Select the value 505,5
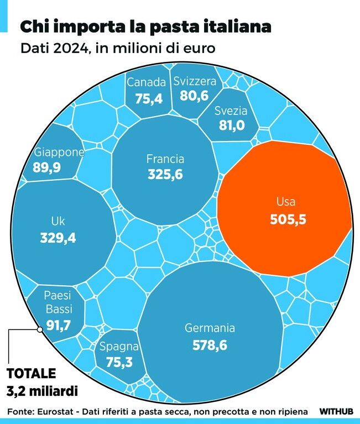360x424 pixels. [x=288, y=219]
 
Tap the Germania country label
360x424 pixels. [x=210, y=328]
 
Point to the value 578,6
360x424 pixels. [x=210, y=346]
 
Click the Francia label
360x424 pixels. [x=165, y=159]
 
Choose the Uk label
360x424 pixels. [x=58, y=222]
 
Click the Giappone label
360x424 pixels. [x=59, y=153]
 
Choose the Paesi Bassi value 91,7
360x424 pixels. [x=58, y=325]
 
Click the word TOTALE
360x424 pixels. [x=31, y=373]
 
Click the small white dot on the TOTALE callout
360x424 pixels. [x=39, y=329]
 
